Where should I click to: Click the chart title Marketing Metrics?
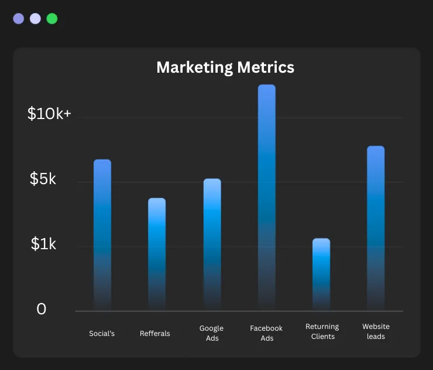tap(225, 67)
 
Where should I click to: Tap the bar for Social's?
tap(102, 235)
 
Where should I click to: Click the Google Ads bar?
tap(212, 244)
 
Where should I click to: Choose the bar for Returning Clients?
tap(321, 273)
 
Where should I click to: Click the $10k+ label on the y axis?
tap(49, 114)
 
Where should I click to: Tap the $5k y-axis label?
tap(43, 179)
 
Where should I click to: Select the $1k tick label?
tap(43, 244)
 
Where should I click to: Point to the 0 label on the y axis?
tap(41, 309)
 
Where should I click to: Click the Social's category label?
tap(102, 334)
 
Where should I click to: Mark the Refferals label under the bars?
tap(155, 334)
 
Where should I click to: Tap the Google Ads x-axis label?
tap(211, 333)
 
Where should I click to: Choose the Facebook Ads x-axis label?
tap(266, 333)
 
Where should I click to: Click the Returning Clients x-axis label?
tap(322, 331)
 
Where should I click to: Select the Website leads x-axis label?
tap(376, 331)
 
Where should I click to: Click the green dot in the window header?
tap(52, 19)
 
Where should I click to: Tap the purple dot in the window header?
tap(19, 19)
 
